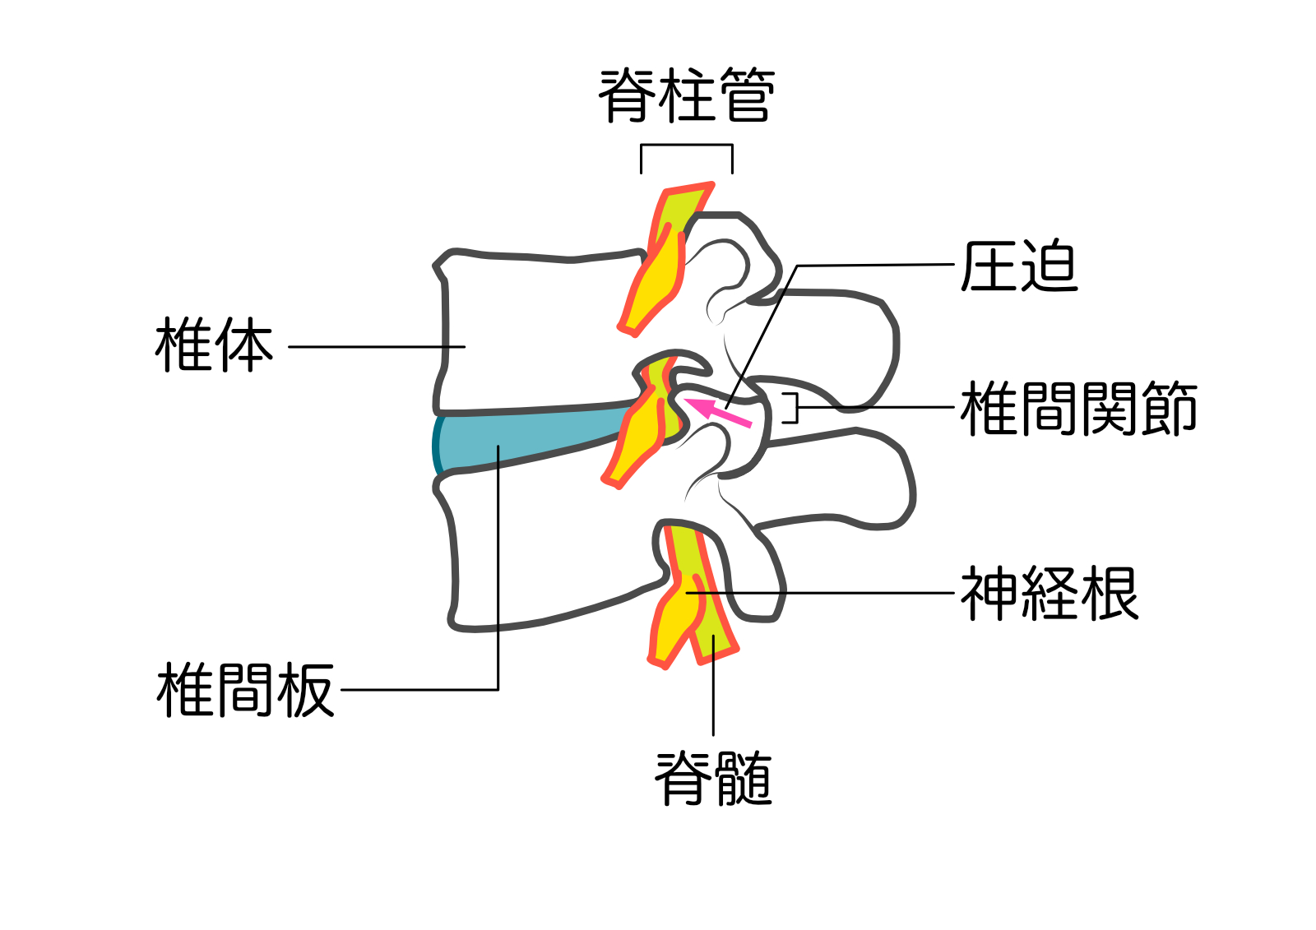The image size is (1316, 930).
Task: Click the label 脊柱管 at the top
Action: (687, 95)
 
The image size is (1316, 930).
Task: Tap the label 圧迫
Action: (1019, 266)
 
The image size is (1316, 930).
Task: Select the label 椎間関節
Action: (1078, 408)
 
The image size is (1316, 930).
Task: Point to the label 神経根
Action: (1049, 593)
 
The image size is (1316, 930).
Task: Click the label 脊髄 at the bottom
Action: (713, 778)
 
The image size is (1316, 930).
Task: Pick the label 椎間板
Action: (245, 690)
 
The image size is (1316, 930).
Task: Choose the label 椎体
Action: (214, 345)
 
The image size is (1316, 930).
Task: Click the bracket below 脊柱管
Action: (687, 146)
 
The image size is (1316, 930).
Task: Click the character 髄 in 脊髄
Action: (744, 778)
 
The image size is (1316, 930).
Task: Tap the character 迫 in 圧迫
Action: (1049, 266)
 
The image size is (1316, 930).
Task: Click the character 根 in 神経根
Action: (1110, 593)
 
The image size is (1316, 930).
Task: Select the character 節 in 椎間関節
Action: (1169, 408)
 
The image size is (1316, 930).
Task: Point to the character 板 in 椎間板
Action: (305, 690)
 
